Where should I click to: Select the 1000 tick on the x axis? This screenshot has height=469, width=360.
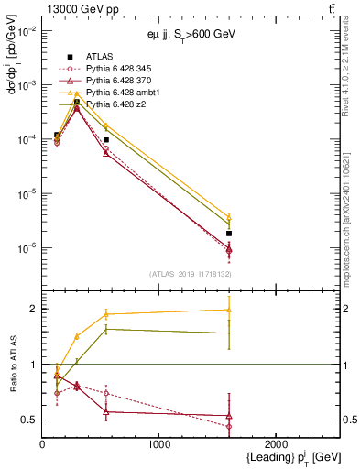(x=159, y=443)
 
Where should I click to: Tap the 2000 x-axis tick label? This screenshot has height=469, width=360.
(x=276, y=443)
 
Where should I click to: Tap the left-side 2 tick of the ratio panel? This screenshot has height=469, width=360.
(x=35, y=309)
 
